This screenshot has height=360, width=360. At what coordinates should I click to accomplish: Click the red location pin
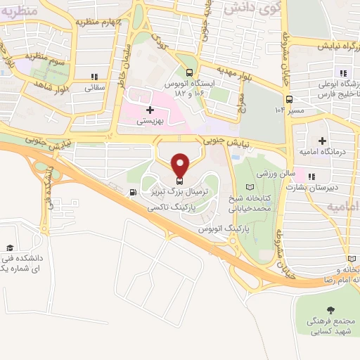[181, 165]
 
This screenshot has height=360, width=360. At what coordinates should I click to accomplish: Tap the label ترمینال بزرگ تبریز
[179, 191]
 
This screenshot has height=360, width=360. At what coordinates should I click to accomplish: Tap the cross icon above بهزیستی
[149, 110]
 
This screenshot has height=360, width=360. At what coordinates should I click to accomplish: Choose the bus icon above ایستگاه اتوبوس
[189, 72]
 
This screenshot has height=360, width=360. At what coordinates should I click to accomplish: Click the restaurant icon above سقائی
[94, 77]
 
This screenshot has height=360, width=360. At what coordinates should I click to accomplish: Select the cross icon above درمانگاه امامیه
[323, 141]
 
